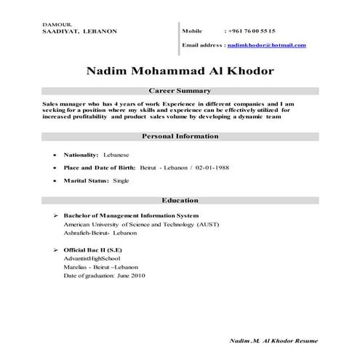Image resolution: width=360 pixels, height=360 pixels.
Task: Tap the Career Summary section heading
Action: point(179,91)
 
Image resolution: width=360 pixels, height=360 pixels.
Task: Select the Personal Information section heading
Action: point(179,136)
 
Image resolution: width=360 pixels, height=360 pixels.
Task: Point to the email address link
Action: point(266,45)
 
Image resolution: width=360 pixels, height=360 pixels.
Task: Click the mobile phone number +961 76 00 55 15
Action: point(251,31)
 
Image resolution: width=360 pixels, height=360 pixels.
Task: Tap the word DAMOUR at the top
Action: point(55,25)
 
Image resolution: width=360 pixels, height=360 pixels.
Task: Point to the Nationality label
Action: point(81,155)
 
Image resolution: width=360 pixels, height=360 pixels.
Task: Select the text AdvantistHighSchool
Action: point(92,259)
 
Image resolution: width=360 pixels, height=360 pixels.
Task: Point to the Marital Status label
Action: point(83,180)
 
